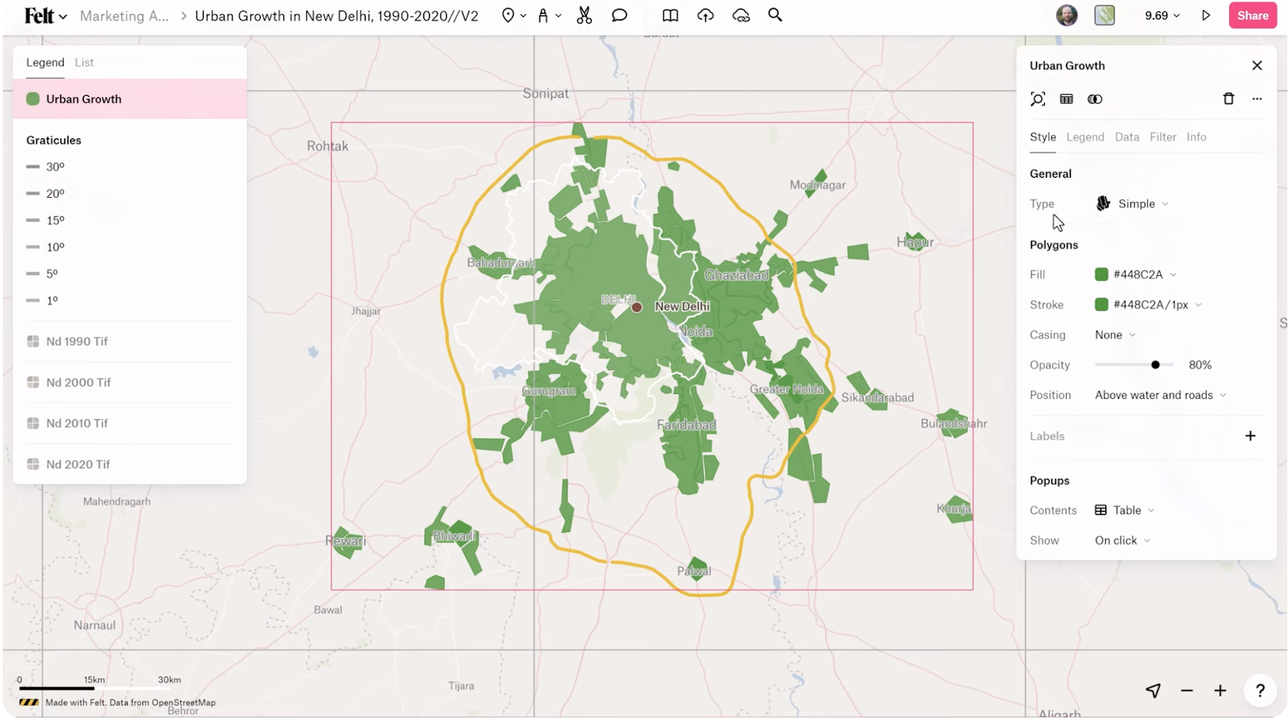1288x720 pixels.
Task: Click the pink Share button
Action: pyautogui.click(x=1252, y=15)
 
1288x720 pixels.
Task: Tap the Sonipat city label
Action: pyautogui.click(x=545, y=93)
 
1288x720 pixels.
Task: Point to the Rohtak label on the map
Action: pyautogui.click(x=328, y=146)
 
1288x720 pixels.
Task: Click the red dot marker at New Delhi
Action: pyautogui.click(x=637, y=307)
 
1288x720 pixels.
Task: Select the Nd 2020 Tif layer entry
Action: pyautogui.click(x=77, y=464)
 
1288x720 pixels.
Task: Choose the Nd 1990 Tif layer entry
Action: pyautogui.click(x=76, y=341)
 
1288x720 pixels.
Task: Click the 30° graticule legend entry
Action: pyautogui.click(x=55, y=167)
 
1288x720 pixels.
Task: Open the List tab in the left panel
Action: pyautogui.click(x=84, y=63)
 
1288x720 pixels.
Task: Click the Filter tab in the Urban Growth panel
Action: pyautogui.click(x=1162, y=137)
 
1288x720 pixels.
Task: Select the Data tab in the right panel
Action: pyautogui.click(x=1126, y=137)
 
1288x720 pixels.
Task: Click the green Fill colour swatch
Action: pyautogui.click(x=1101, y=274)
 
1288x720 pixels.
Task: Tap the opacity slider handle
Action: pyautogui.click(x=1155, y=364)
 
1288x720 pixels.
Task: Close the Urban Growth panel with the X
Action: pyautogui.click(x=1257, y=65)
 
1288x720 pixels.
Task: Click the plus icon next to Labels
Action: pyautogui.click(x=1250, y=436)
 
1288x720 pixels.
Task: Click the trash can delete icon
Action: pyautogui.click(x=1228, y=99)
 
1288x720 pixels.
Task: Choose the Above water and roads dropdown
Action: pyautogui.click(x=1159, y=395)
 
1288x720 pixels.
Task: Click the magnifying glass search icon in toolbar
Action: pyautogui.click(x=774, y=15)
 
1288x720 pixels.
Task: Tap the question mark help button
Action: pyautogui.click(x=1260, y=690)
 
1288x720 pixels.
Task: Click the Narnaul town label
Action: pyautogui.click(x=95, y=625)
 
